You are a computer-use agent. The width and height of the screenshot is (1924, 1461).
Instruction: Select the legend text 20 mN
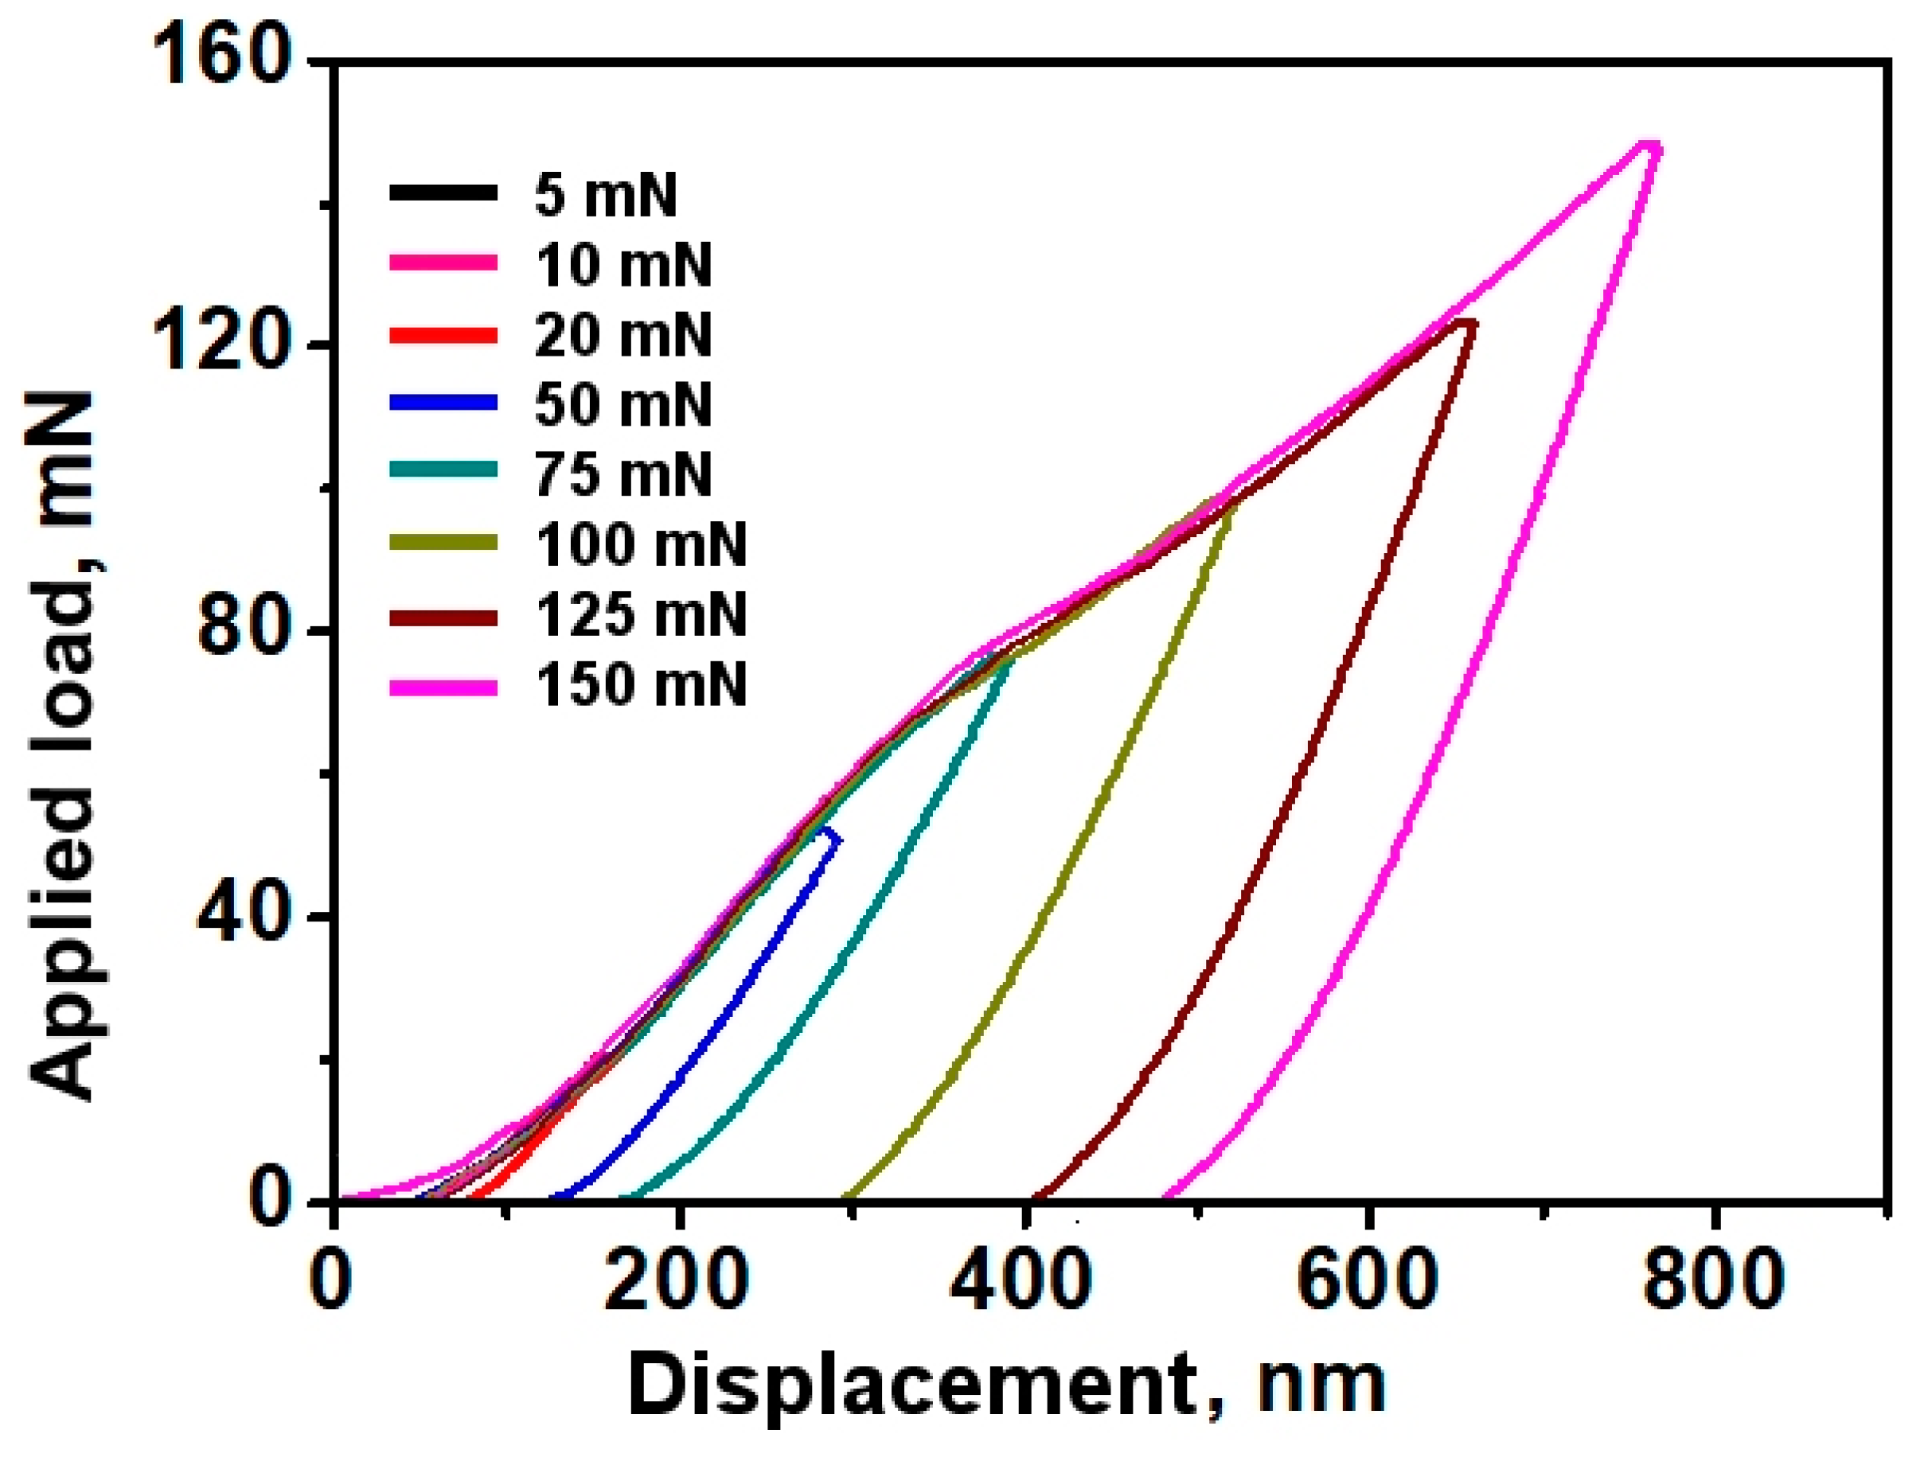coord(622,336)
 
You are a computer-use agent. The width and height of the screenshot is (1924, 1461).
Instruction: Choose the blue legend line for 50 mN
coord(443,403)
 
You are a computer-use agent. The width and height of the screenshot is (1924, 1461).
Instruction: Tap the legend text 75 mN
coord(622,475)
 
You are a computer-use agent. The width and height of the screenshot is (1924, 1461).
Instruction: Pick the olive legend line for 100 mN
coord(443,543)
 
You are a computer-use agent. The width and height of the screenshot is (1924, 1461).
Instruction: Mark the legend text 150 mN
coord(640,686)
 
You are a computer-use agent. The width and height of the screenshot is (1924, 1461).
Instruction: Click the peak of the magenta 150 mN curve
coord(1649,146)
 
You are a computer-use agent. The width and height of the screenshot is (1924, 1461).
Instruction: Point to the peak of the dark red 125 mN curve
coord(1468,325)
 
